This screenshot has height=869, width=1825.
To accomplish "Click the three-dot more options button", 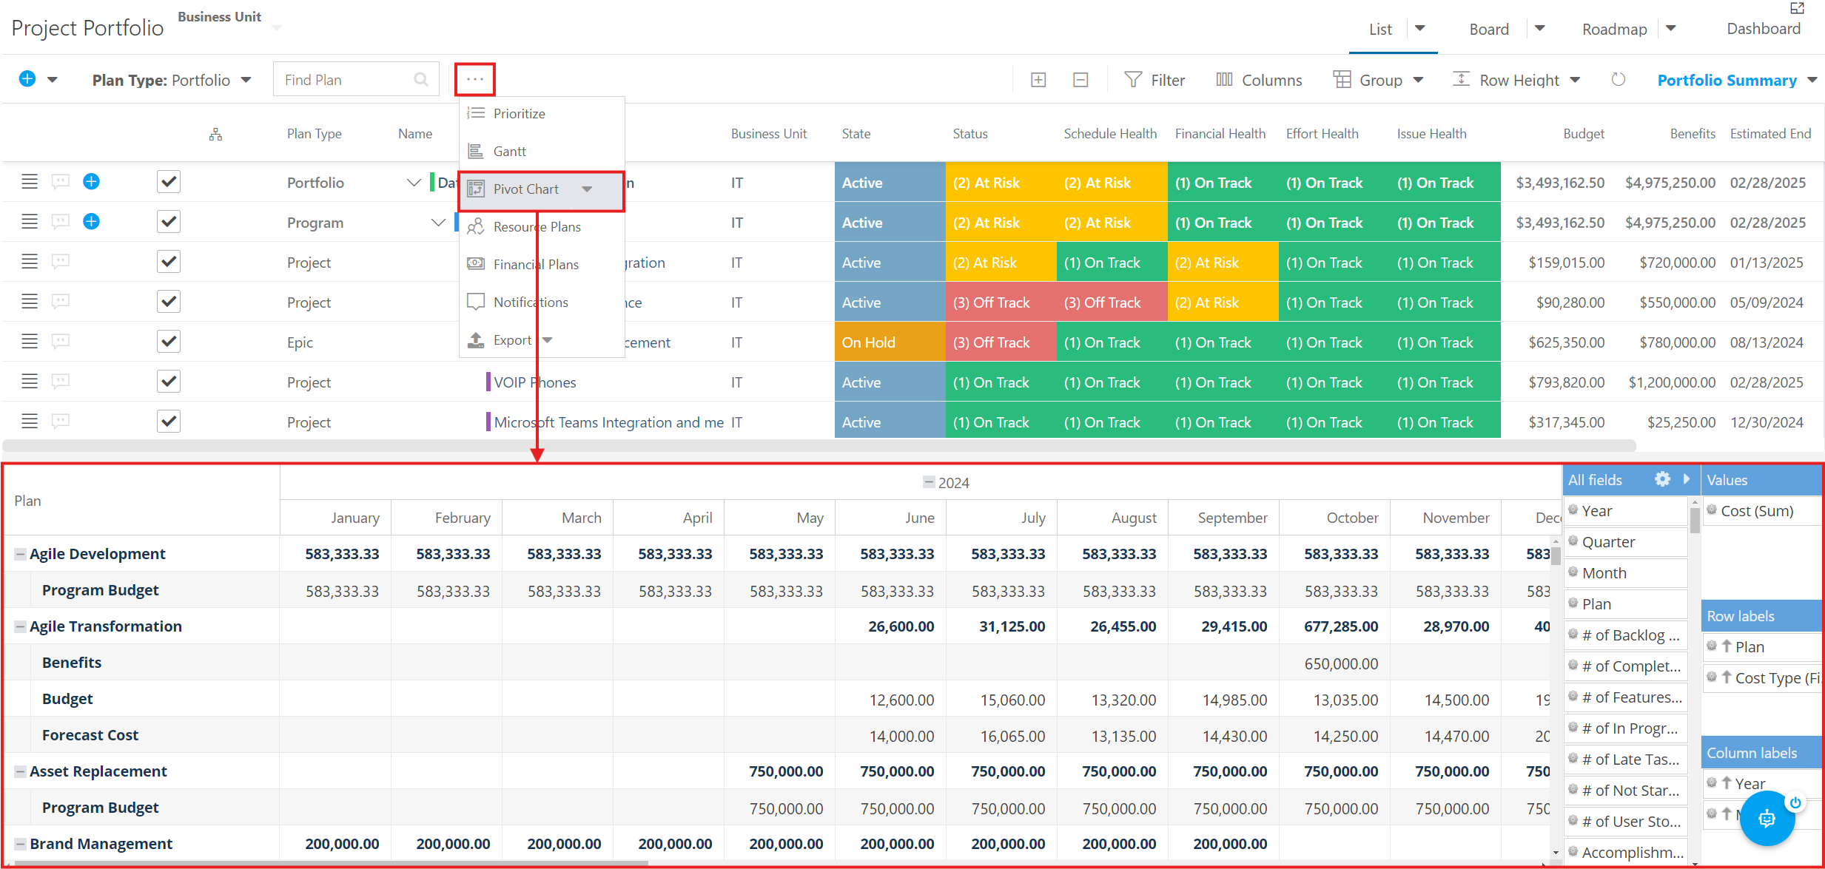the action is (475, 79).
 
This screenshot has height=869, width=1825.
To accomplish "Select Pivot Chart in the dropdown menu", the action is (526, 189).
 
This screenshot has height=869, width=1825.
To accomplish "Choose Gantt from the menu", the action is (510, 151).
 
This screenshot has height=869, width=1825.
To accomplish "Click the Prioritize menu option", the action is (519, 113).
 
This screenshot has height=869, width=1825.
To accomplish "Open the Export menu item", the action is (512, 340).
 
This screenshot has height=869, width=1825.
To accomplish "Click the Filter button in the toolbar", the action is (1155, 80).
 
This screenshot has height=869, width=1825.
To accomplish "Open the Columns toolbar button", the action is (1259, 80).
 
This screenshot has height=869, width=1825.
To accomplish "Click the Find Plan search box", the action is (356, 80).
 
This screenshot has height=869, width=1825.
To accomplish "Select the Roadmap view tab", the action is (1614, 29).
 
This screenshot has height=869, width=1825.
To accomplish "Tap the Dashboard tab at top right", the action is (1764, 29).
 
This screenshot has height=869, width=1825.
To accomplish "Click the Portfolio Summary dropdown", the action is (1736, 80).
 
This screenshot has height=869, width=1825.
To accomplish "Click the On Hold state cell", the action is (890, 342).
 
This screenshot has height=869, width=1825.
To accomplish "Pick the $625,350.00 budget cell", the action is (1566, 342).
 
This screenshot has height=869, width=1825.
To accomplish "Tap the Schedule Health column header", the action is (1110, 134).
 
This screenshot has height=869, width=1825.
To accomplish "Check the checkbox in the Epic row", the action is (169, 342).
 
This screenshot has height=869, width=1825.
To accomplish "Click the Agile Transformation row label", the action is (106, 626).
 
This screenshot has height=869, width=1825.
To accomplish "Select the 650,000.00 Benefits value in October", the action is (1341, 663).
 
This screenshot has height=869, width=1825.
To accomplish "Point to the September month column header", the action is (1232, 518).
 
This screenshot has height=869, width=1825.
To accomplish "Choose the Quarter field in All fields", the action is (1608, 542).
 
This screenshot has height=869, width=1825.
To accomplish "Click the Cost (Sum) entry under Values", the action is (1756, 511).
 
